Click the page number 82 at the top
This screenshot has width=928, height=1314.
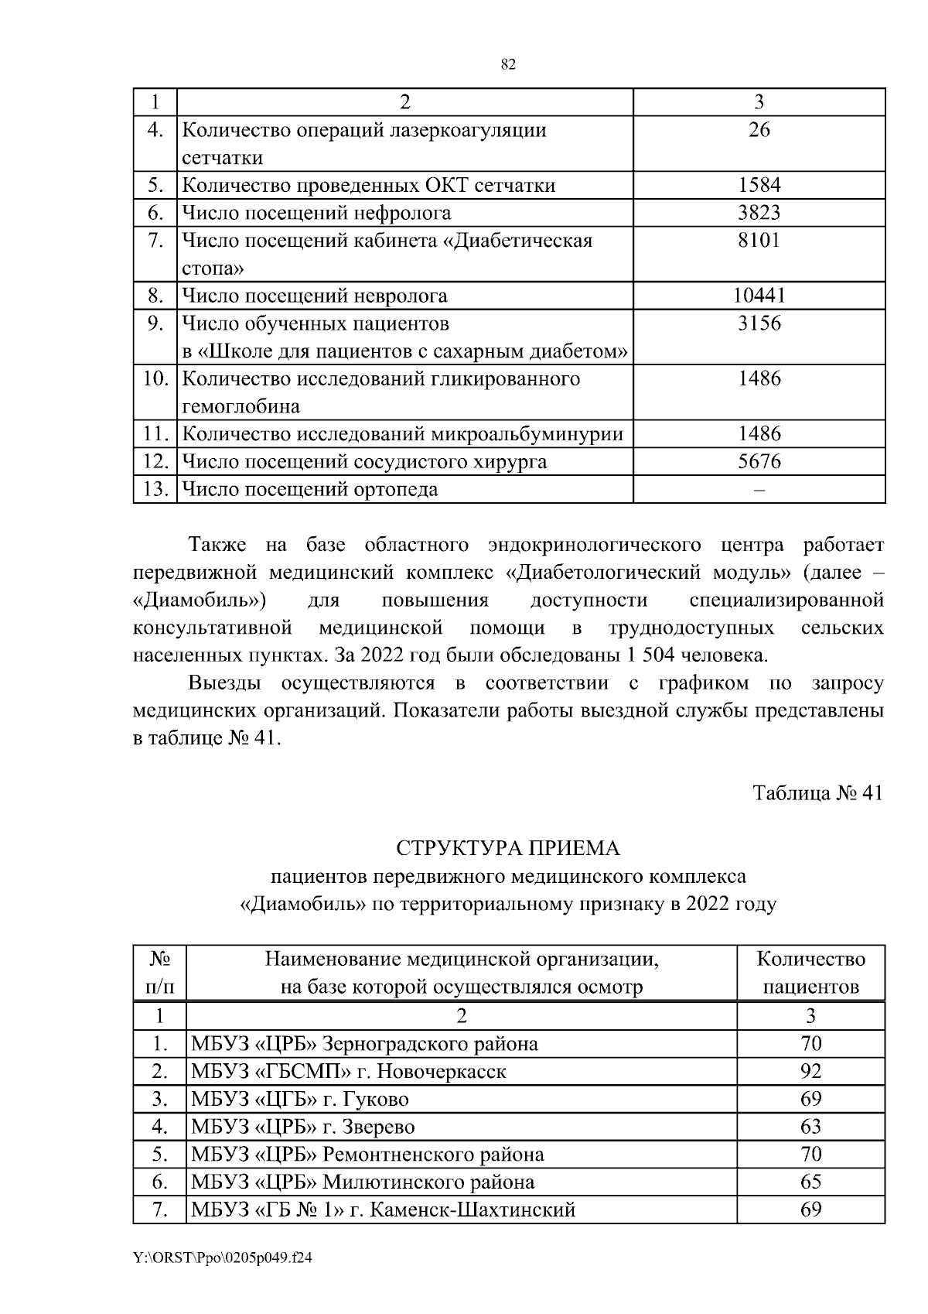tap(508, 65)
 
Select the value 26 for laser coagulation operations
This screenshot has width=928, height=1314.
tap(759, 130)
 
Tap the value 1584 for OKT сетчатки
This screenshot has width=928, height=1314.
tap(759, 185)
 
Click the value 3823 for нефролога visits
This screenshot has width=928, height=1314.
tap(759, 213)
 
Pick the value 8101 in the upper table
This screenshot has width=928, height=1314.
tap(759, 241)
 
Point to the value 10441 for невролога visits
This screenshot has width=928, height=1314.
tap(759, 296)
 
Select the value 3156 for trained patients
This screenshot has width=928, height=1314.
tap(759, 323)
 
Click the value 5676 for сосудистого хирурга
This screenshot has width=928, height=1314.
tap(759, 462)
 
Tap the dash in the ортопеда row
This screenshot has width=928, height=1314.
tap(759, 490)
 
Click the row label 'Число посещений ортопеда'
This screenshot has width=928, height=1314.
tap(309, 490)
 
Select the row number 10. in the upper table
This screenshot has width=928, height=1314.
tap(155, 379)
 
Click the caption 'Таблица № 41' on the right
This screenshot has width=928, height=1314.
tap(817, 794)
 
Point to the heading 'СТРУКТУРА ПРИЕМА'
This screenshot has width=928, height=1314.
tap(508, 848)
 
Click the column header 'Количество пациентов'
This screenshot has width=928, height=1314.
tap(810, 974)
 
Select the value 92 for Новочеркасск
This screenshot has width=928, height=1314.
tap(810, 1072)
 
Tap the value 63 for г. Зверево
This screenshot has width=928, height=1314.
tap(810, 1127)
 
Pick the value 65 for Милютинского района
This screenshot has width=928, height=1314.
tap(810, 1182)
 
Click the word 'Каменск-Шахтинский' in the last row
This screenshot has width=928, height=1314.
tap(473, 1210)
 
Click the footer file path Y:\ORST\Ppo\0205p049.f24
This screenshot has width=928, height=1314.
tap(223, 1258)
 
